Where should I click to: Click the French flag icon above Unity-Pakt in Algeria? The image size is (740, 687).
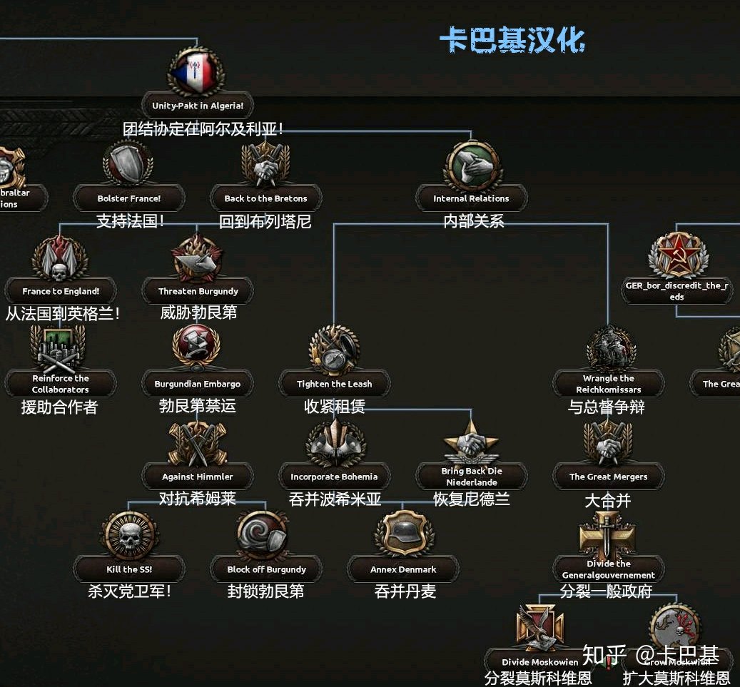click(196, 71)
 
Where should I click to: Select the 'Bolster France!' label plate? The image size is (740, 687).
click(129, 198)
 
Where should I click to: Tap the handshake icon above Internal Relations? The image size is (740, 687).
click(471, 166)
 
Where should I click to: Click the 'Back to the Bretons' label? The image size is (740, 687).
click(265, 198)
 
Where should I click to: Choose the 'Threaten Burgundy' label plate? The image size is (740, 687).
click(198, 291)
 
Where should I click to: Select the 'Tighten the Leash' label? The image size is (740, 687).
click(334, 384)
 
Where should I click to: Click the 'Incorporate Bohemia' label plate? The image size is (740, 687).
click(334, 477)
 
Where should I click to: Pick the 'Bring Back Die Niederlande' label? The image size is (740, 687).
click(471, 477)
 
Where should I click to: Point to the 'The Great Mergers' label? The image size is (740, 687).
click(608, 477)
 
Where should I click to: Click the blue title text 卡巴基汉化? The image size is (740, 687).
click(512, 40)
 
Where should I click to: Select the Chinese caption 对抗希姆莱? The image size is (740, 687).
click(197, 498)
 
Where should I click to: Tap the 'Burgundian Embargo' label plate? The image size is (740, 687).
click(198, 384)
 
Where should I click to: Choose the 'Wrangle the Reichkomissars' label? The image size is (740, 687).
click(608, 384)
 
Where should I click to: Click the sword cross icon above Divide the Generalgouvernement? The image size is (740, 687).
click(608, 535)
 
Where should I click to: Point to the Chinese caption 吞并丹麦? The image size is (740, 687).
click(405, 591)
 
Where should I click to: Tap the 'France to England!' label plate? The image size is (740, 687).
click(61, 291)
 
